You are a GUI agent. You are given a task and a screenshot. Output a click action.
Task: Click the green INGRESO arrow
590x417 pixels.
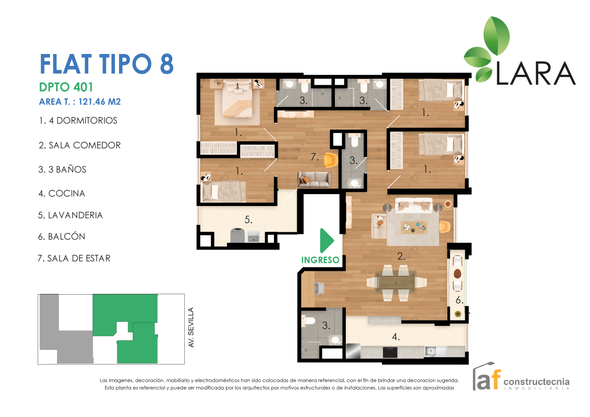click(326, 241)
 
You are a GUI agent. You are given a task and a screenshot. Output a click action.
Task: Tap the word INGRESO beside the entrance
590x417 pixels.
click(321, 260)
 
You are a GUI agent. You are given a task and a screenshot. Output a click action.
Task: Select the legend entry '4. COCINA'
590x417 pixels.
click(62, 193)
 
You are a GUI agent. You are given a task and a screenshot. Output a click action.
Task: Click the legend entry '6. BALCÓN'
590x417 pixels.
click(62, 236)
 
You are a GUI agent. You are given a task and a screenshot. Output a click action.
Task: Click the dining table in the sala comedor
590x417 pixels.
click(396, 282)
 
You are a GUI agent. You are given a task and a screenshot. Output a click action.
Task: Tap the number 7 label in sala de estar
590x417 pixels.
click(314, 157)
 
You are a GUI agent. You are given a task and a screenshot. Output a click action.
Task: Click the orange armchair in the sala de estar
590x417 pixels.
click(330, 160)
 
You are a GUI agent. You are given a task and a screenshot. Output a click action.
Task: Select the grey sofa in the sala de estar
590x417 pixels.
click(314, 179)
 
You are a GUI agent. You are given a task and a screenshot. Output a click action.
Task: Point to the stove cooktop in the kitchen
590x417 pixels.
click(390, 352)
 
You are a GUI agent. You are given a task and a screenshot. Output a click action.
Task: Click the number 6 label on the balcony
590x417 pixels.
click(459, 300)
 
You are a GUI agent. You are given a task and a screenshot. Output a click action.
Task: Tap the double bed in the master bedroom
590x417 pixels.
click(237, 102)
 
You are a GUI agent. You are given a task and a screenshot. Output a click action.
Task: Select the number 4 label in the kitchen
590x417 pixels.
click(395, 337)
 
